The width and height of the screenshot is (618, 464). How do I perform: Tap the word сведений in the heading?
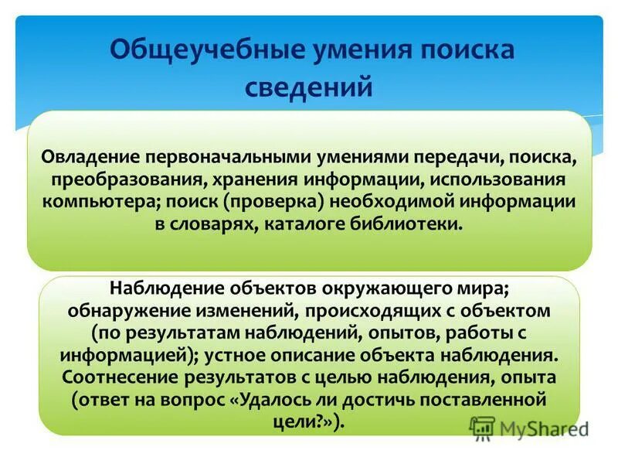309,85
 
